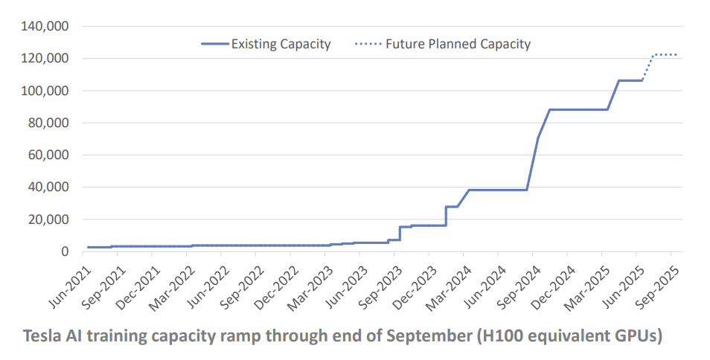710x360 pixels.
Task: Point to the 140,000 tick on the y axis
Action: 47,27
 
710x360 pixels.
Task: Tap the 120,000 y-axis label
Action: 47,59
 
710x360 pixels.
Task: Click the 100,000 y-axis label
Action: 47,91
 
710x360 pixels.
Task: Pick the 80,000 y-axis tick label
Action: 50,123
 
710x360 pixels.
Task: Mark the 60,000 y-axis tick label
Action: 50,155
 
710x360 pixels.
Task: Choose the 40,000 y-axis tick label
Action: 50,187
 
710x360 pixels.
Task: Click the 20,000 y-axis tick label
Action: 50,219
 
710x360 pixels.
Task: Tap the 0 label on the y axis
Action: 65,252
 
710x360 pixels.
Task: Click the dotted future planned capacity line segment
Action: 662,54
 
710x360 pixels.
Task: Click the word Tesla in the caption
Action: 42,335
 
